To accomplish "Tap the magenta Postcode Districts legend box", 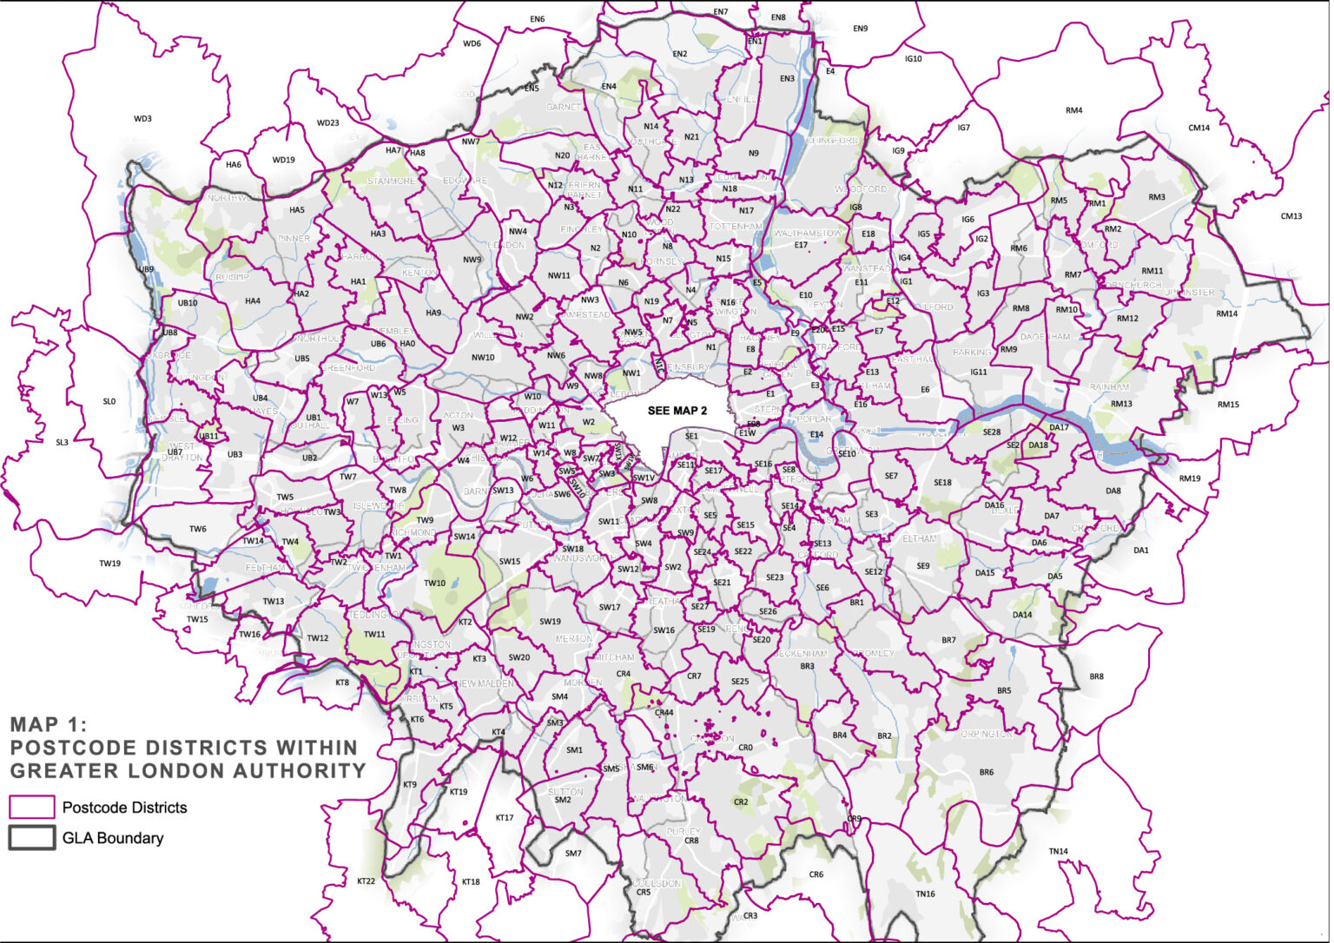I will pos(32,808).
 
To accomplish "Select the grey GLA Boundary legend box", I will pos(32,839).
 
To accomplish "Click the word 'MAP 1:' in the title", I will pos(49,724).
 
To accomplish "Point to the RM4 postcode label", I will pos(1074,110).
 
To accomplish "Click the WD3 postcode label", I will pos(142,119).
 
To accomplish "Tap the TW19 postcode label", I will pos(109,564).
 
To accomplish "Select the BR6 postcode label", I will pos(986,772).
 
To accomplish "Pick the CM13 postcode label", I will pos(1291,216).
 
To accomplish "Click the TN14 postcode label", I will pos(1058,851).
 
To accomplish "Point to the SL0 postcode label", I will pos(109,401).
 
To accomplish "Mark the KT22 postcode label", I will pos(366,880).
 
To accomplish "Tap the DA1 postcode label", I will pos(1140,550).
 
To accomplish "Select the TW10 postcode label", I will pos(434,583).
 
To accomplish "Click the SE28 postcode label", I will pos(991,432).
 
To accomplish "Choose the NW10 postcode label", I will pos(483,358).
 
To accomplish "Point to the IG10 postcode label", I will pos(913,59).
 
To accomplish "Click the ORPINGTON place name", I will pos(986,734).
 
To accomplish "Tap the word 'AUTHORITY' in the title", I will pos(301,771).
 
